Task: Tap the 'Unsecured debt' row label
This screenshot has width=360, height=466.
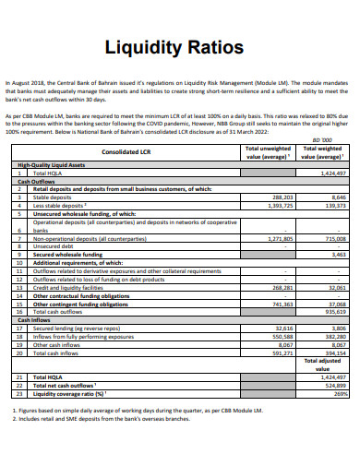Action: click(54, 246)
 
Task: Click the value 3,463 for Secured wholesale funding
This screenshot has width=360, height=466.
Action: click(338, 254)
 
